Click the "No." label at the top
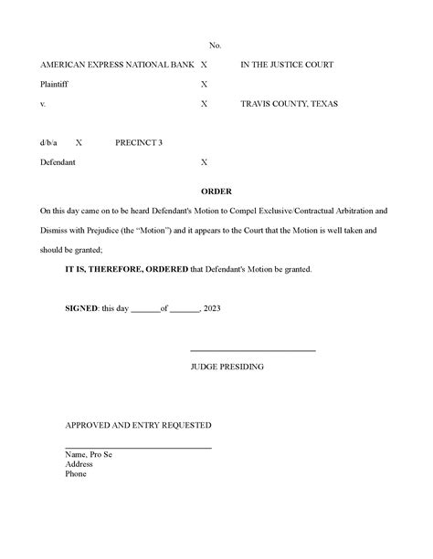click(216, 45)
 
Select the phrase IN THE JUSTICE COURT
click(287, 65)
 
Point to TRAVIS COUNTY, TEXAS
click(289, 104)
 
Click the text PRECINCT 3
click(139, 143)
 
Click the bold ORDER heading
click(216, 192)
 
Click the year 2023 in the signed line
click(212, 308)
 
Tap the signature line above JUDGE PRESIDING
click(252, 351)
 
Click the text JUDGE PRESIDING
click(227, 366)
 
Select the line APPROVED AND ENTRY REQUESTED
click(138, 425)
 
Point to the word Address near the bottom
click(79, 463)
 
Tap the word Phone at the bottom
click(76, 473)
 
